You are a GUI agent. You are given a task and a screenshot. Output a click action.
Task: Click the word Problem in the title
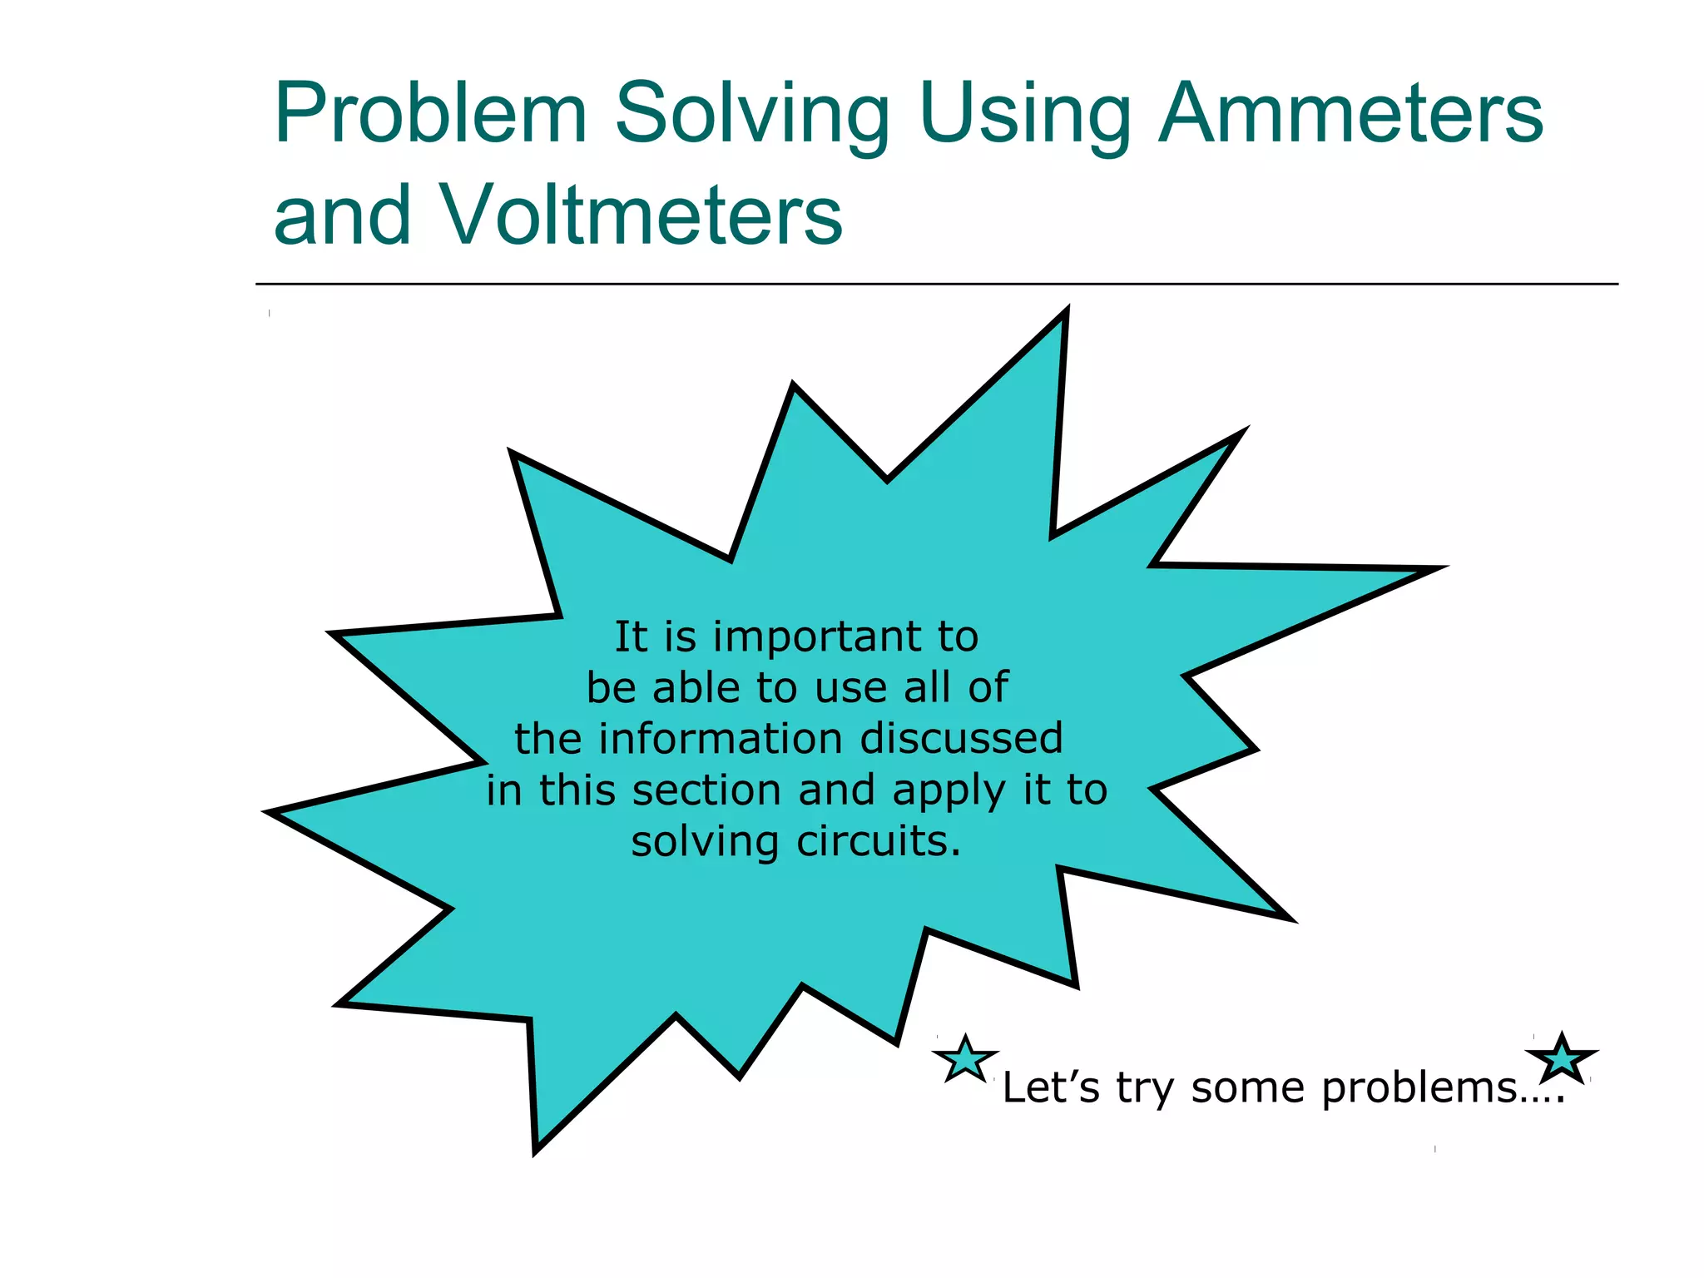coord(431,114)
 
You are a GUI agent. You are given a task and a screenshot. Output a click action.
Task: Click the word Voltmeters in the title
coord(640,215)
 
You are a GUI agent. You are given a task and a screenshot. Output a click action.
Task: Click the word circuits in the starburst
coord(879,841)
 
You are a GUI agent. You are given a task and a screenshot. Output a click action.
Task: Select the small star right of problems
coord(1562,1058)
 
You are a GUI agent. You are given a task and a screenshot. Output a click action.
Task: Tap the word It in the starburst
coord(631,637)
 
